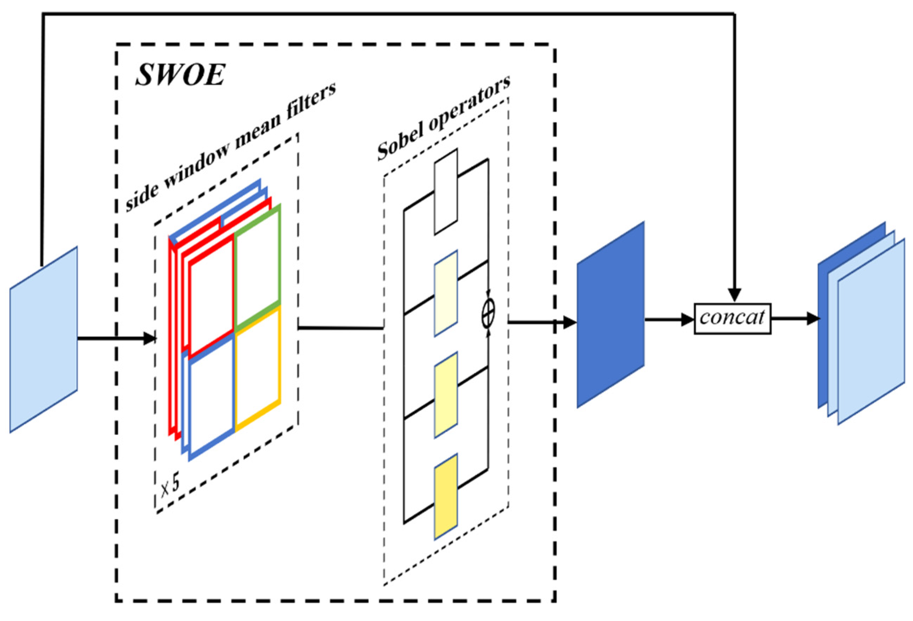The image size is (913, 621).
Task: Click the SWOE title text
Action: click(180, 75)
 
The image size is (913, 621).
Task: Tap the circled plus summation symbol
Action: click(488, 313)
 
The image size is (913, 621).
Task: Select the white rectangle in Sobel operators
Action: click(445, 192)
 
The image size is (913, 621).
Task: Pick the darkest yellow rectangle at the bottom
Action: click(445, 496)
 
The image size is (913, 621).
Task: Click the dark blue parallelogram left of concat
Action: click(610, 314)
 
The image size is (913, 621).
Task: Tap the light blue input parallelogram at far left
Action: click(43, 340)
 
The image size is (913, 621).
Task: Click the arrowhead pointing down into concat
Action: click(734, 295)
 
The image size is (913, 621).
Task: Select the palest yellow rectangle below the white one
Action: click(445, 293)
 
